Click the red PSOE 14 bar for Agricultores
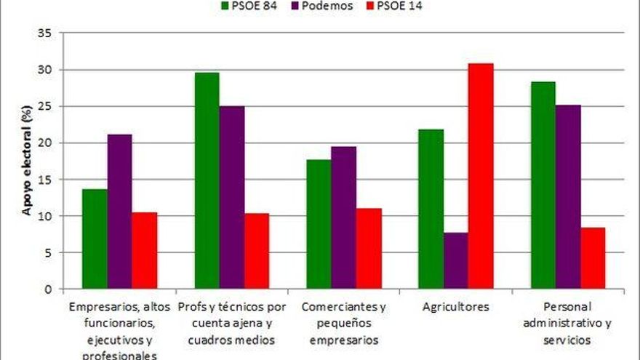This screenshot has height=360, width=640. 480,176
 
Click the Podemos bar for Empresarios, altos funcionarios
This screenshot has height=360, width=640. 119,212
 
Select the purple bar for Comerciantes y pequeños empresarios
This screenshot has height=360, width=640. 343,217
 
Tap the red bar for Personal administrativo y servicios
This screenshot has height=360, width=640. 593,258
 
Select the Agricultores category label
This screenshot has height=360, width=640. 455,306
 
